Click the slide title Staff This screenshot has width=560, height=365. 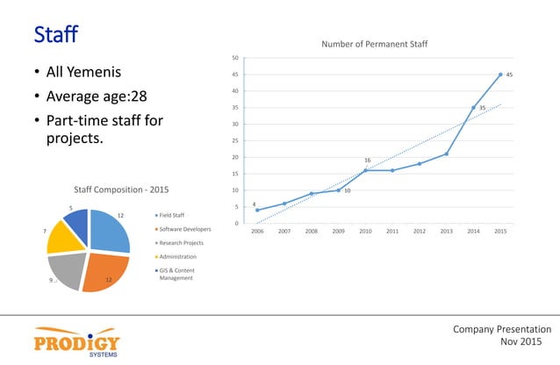[x=56, y=35]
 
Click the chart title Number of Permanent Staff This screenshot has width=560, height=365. [x=374, y=44]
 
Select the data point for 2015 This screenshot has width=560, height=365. [x=500, y=75]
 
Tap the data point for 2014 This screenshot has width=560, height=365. [x=473, y=108]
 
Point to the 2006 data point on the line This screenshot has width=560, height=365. [x=257, y=210]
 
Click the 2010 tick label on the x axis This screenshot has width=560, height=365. [x=365, y=233]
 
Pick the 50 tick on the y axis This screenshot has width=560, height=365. [x=233, y=58]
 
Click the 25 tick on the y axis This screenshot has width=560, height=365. [x=233, y=140]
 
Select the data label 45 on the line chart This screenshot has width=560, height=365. [x=510, y=75]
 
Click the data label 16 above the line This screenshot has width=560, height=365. [x=368, y=161]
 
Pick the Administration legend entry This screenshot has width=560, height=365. [x=179, y=258]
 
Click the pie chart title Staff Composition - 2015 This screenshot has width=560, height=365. [x=121, y=189]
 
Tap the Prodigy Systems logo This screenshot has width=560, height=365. [x=77, y=343]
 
